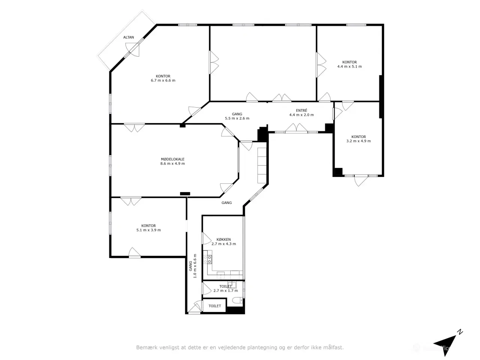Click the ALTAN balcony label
coord(128,37)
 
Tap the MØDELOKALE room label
coord(172,159)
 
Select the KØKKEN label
coord(223,240)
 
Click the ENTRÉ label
coord(301,110)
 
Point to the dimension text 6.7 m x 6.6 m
coord(163,80)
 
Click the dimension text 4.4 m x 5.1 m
coord(349,66)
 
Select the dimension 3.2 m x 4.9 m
coord(358,141)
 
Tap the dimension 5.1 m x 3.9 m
coord(148,230)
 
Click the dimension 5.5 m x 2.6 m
coord(237,118)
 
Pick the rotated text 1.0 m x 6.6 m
coord(195,266)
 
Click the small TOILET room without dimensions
coord(214,306)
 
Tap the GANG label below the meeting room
coord(226,202)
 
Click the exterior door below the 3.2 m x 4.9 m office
coord(361,180)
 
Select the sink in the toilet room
coord(232,285)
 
